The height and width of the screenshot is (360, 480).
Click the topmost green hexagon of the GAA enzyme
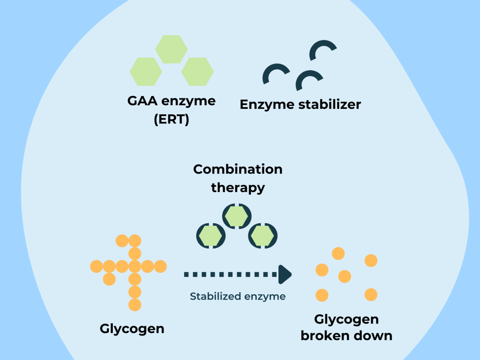[x=171, y=49]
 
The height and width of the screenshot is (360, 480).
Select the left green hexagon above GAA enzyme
[x=146, y=72]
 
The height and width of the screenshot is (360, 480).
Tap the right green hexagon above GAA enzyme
[x=197, y=72]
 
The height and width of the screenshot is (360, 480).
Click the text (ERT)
[x=171, y=119]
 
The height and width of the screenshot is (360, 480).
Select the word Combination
[x=238, y=169]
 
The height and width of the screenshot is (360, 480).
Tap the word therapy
[x=238, y=187]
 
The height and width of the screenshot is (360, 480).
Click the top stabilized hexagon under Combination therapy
[x=237, y=216]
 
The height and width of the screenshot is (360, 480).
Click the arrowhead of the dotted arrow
[x=284, y=274]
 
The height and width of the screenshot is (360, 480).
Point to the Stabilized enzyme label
[x=238, y=296]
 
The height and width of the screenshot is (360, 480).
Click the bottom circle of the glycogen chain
[x=135, y=304]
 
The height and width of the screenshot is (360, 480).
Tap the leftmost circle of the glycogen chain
[x=96, y=266]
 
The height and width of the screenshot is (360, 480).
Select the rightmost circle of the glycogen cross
[x=160, y=266]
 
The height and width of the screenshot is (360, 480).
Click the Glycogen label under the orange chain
[x=132, y=329]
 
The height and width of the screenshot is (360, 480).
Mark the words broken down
[x=346, y=335]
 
